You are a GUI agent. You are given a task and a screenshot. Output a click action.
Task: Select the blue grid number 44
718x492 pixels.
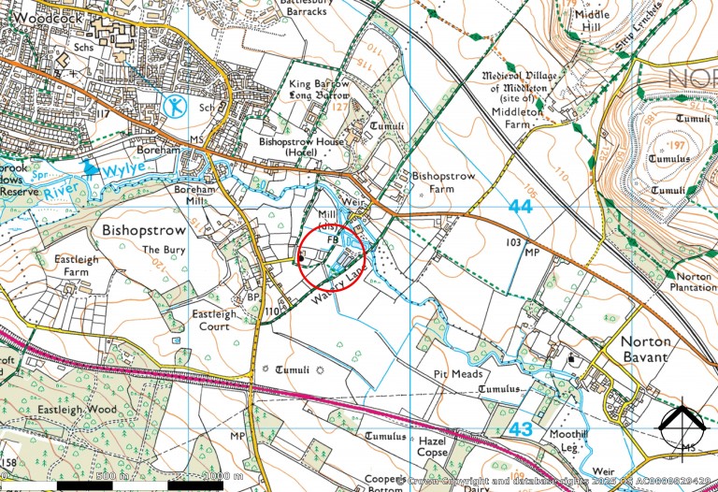coord(520,205)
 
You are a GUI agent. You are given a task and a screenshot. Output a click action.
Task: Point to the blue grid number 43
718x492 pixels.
coord(522,428)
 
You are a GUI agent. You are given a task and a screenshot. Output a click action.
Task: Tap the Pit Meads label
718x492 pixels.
coord(454,372)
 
